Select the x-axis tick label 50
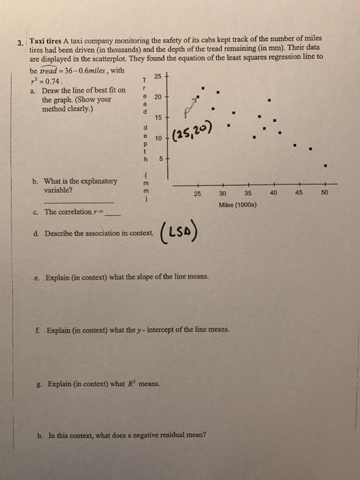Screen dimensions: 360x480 tap(325, 193)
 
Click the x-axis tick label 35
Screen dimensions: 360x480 tap(249, 193)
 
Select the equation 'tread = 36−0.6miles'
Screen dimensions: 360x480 tap(75, 71)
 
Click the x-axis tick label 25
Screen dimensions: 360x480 tap(197, 193)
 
